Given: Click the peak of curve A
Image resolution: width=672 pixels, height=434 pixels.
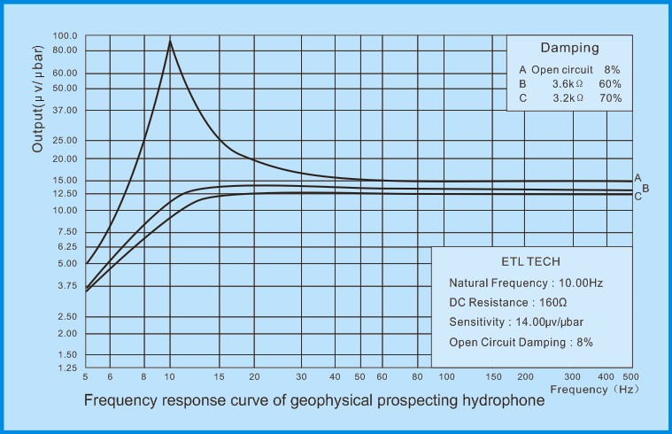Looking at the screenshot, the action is [x=170, y=41].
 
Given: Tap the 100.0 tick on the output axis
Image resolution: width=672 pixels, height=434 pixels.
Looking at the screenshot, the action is [x=66, y=36].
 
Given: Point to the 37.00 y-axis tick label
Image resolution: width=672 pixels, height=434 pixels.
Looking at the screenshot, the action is [x=66, y=110].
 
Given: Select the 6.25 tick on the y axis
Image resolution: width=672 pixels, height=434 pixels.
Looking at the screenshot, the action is [x=67, y=246].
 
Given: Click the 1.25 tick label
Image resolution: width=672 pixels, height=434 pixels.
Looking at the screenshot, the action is [x=67, y=368].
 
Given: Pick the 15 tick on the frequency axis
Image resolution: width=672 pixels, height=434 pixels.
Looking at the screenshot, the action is [x=219, y=377].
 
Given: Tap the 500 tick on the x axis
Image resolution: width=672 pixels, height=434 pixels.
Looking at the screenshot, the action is [x=631, y=377].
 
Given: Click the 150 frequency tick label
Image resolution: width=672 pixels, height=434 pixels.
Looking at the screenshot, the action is [x=493, y=377].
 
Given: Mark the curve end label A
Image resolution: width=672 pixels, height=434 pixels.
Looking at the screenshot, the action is [x=637, y=178].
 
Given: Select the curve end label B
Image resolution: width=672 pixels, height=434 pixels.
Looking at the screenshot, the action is [x=645, y=189].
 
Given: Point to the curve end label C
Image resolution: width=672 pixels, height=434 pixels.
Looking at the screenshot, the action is [x=637, y=197].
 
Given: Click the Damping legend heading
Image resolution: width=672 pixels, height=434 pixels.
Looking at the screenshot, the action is [x=569, y=48].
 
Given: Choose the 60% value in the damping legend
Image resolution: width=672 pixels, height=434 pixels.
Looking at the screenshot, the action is [x=610, y=84].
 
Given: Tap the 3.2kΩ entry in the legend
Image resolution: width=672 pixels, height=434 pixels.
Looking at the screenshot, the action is [x=568, y=98].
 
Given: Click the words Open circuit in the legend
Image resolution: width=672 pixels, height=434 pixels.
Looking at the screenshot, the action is [x=562, y=70].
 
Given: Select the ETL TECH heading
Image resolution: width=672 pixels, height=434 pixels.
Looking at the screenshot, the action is [x=530, y=261].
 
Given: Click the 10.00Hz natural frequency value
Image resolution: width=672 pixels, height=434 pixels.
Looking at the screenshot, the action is [x=581, y=283].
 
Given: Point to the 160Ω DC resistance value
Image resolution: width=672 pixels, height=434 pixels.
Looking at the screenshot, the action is [x=552, y=302].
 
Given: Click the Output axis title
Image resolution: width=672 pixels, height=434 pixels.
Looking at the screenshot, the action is [x=38, y=98].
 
